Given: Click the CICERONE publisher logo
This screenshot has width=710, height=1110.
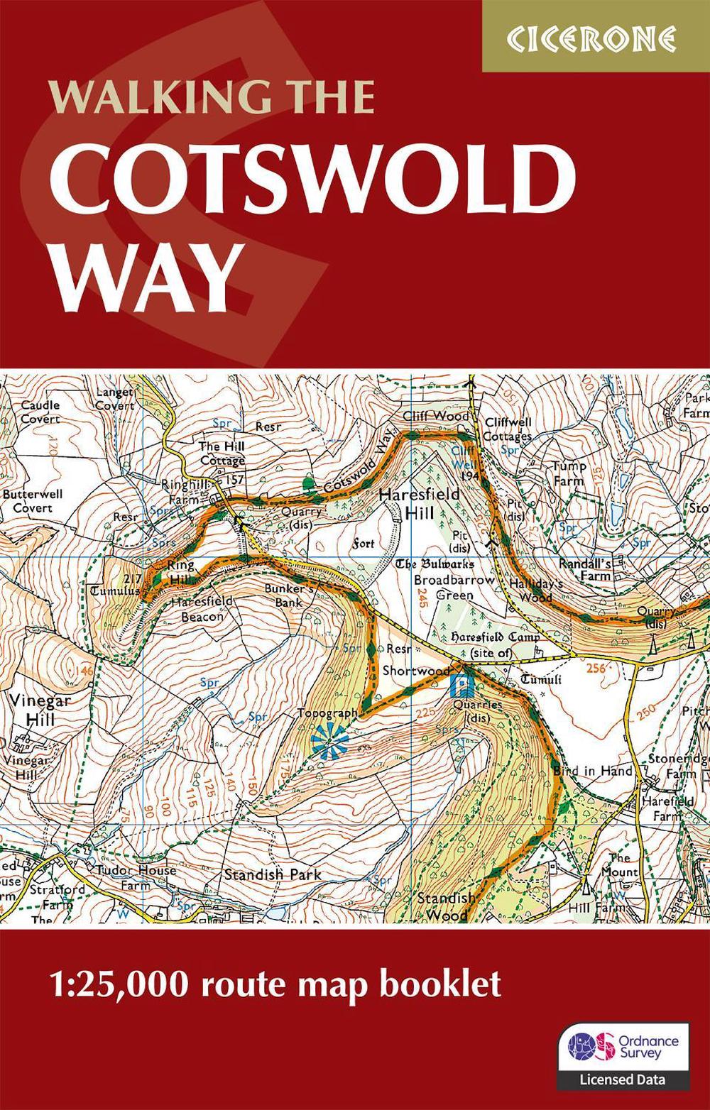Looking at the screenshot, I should tap(595, 38).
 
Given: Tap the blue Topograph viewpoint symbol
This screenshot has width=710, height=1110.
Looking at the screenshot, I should tap(330, 740).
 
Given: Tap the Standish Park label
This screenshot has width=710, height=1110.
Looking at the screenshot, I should tap(273, 874).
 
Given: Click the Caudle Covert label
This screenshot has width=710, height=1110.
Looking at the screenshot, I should tap(40, 412).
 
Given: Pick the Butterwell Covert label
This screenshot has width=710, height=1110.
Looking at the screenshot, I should tap(33, 500).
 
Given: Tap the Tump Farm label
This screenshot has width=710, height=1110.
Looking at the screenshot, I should tap(569, 473).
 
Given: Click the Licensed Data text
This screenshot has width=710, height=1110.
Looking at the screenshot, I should tap(623, 1079).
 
